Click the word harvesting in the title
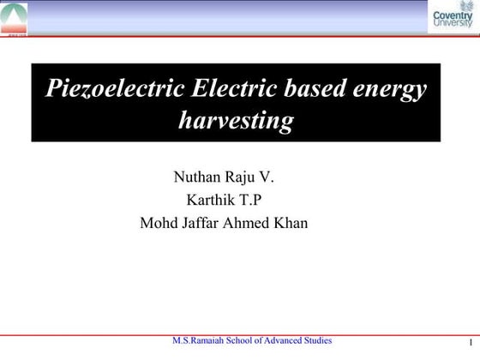click(235, 121)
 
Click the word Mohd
click(157, 224)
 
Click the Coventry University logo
click(453, 18)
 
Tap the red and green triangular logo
click(15, 17)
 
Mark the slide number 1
click(471, 345)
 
